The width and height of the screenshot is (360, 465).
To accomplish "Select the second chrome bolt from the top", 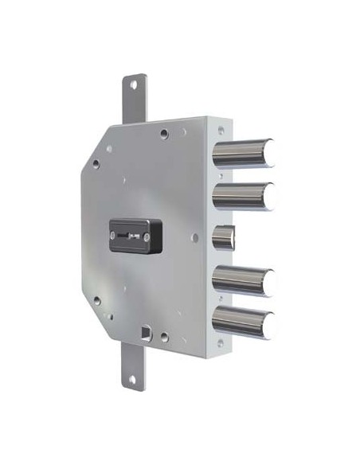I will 244,193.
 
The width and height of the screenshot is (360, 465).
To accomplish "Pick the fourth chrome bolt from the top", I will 244,279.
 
